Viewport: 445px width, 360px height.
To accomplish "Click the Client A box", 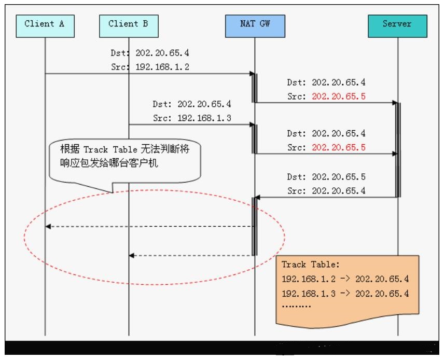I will pyautogui.click(x=45, y=24).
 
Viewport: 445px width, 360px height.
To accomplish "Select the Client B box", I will pyautogui.click(x=128, y=24).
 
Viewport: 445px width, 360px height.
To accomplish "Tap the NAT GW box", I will pyautogui.click(x=255, y=24).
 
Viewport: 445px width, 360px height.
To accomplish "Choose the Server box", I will pyautogui.click(x=397, y=24).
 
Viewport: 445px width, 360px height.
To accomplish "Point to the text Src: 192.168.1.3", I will pyautogui.click(x=192, y=118).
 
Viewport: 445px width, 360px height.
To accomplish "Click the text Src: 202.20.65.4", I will pyautogui.click(x=327, y=190).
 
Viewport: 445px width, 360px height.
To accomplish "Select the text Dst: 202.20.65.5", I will pyautogui.click(x=327, y=176).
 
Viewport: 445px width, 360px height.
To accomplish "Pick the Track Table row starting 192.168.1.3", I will pyautogui.click(x=345, y=293).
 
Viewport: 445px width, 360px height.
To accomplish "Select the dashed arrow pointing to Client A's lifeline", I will pyautogui.click(x=150, y=226).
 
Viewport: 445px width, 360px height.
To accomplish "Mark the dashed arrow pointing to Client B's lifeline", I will pyautogui.click(x=192, y=255).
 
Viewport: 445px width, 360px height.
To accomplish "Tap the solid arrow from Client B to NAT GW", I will pyautogui.click(x=192, y=124).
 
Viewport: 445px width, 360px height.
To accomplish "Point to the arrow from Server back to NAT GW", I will pyautogui.click(x=327, y=197).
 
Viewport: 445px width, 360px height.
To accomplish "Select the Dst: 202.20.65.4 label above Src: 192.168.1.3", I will pyautogui.click(x=192, y=104).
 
